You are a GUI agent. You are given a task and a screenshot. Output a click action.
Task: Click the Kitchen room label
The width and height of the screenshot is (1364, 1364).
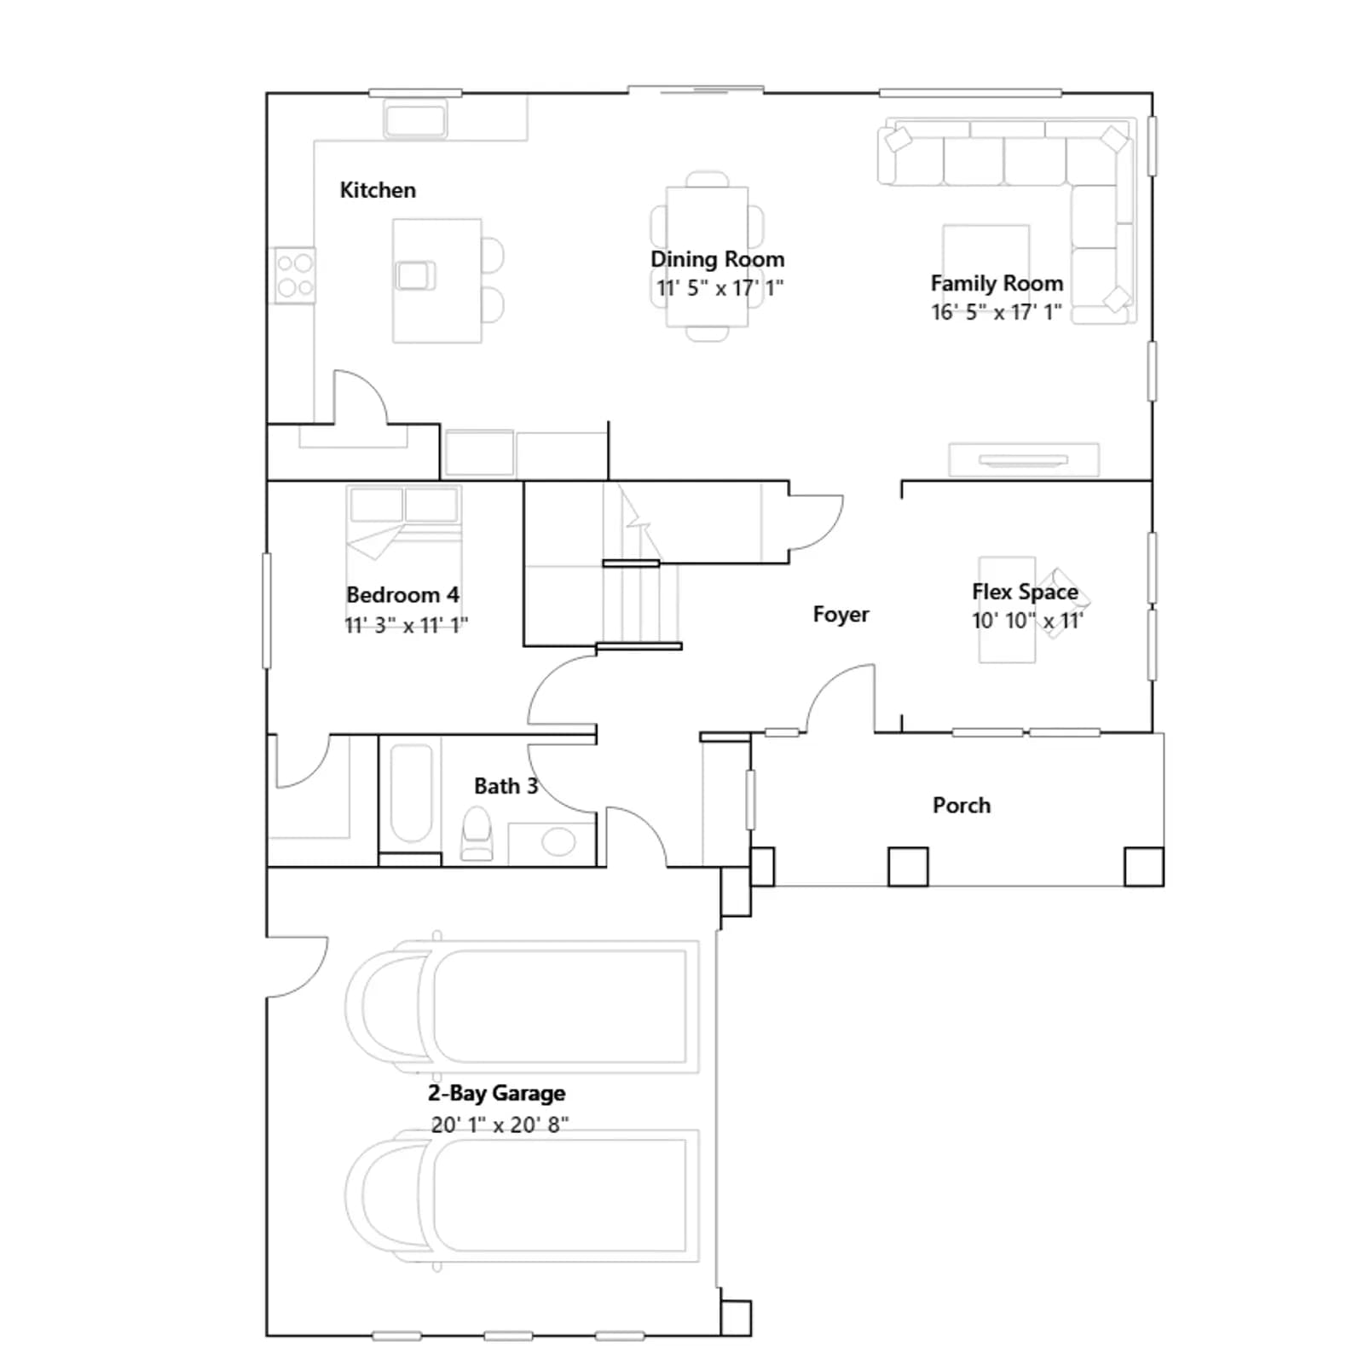pos(378,190)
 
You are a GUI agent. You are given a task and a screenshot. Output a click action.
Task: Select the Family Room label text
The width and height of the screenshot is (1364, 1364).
pos(997,283)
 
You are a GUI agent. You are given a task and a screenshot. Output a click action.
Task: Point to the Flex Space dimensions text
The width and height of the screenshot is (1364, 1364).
pos(1027,621)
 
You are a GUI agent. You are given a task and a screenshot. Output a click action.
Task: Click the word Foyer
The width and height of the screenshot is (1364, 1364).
pos(841,615)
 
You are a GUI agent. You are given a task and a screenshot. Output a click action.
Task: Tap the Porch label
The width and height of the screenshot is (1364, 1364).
pos(962,806)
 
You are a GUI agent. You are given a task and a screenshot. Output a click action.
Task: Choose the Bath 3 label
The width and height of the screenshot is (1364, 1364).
pos(506,786)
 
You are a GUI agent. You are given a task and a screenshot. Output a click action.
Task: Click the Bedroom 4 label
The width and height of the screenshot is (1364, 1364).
pos(402,595)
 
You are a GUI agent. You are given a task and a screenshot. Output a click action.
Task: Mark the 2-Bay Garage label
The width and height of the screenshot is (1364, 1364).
pos(496,1094)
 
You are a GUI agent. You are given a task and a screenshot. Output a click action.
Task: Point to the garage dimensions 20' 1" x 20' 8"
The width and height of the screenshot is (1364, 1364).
pos(500,1125)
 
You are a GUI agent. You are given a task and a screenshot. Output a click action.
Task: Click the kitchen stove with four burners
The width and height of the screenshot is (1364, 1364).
pos(294,275)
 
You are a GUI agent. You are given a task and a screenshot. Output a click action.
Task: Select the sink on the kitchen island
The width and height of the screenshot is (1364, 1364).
pos(416,276)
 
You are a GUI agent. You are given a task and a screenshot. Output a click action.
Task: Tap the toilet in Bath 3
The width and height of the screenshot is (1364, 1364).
pos(477,834)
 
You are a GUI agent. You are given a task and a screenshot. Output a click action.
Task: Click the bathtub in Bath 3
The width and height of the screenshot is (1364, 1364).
pos(411,794)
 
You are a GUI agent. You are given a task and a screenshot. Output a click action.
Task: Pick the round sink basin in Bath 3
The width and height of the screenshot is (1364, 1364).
pos(558,841)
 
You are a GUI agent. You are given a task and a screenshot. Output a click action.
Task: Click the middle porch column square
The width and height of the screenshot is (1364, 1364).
pos(908,867)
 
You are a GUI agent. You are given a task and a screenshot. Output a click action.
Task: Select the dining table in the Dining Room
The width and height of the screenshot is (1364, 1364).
pos(708,257)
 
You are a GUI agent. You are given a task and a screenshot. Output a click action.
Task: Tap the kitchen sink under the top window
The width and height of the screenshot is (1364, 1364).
pos(415,118)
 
